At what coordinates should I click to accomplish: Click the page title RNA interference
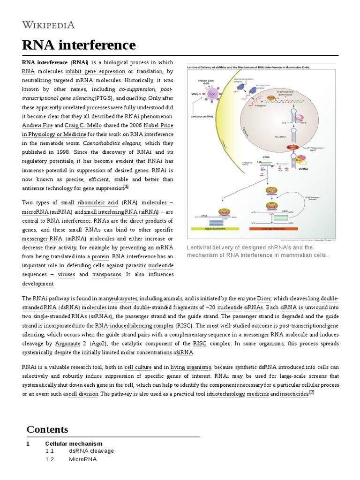(79, 45)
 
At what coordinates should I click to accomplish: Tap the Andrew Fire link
(37, 126)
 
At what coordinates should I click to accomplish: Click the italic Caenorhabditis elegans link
(112, 143)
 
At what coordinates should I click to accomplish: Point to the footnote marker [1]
(126, 187)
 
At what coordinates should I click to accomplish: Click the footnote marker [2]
(311, 392)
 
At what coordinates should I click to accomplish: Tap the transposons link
(106, 275)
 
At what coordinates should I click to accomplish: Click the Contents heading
(47, 429)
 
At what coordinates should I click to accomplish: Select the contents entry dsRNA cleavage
(91, 451)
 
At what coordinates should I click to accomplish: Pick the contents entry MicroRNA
(82, 459)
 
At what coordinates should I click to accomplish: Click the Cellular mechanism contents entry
(74, 443)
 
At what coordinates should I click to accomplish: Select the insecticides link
(294, 394)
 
